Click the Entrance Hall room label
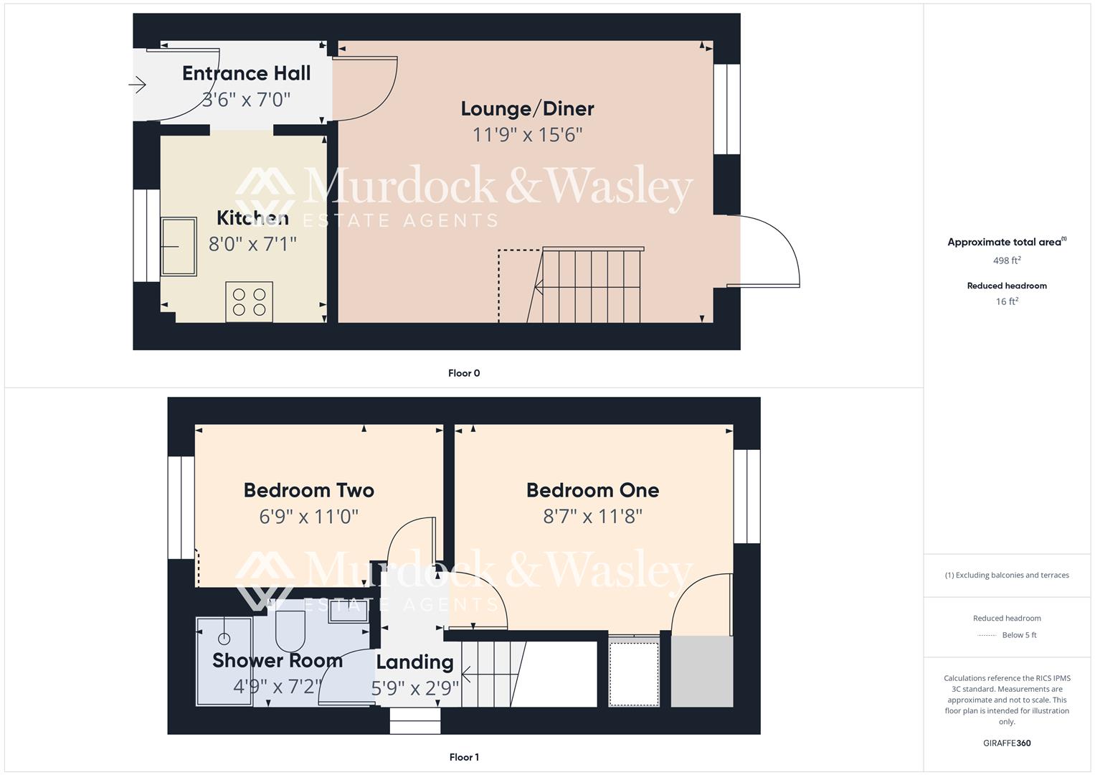246,73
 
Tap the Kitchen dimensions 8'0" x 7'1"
252,244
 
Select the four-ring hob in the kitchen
249,302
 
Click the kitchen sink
179,247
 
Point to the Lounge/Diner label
527,108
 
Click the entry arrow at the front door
137,85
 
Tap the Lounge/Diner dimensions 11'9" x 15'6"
527,135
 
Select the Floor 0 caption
464,373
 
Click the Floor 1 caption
464,757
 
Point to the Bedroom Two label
308,490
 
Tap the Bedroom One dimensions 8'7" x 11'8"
592,516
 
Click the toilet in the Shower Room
290,628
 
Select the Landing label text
414,662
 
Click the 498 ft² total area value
1007,260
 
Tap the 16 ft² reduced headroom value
1007,301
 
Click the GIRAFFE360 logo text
1007,743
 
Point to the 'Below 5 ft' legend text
1019,635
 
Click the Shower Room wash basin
349,611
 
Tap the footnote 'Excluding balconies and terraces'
1010,575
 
